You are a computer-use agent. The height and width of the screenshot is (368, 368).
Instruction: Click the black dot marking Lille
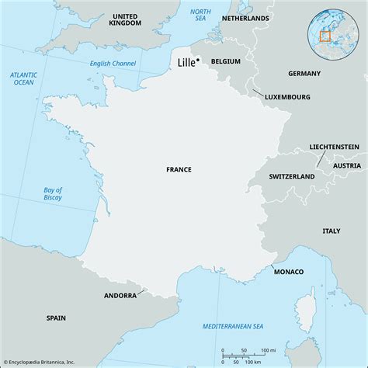pyautogui.click(x=199, y=61)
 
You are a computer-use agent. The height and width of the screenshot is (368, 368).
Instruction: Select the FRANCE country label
pyautogui.click(x=179, y=168)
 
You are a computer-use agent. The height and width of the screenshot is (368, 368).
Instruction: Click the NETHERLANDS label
pyautogui.click(x=245, y=18)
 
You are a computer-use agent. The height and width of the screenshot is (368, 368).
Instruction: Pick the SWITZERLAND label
pyautogui.click(x=291, y=177)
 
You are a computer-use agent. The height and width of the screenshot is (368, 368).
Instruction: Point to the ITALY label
pyautogui.click(x=332, y=231)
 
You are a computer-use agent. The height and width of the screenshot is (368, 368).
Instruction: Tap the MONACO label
pyautogui.click(x=288, y=271)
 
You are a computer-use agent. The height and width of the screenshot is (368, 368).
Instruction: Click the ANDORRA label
pyautogui.click(x=120, y=296)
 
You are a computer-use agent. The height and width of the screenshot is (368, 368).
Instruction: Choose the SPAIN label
pyautogui.click(x=56, y=318)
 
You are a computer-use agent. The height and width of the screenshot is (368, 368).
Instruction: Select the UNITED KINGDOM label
pyautogui.click(x=126, y=19)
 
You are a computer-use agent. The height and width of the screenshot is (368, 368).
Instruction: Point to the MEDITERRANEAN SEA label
pyautogui.click(x=232, y=325)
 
